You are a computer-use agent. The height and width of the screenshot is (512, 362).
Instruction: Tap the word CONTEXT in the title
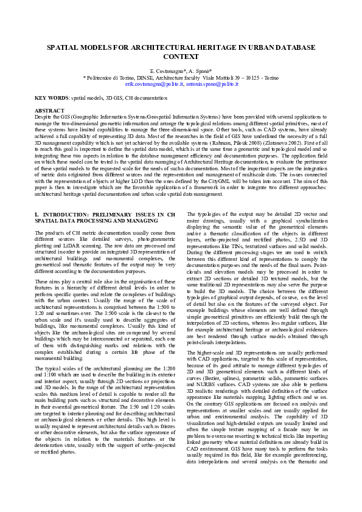tap(181, 56)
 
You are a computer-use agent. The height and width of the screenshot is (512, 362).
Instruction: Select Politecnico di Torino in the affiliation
tap(110, 78)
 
